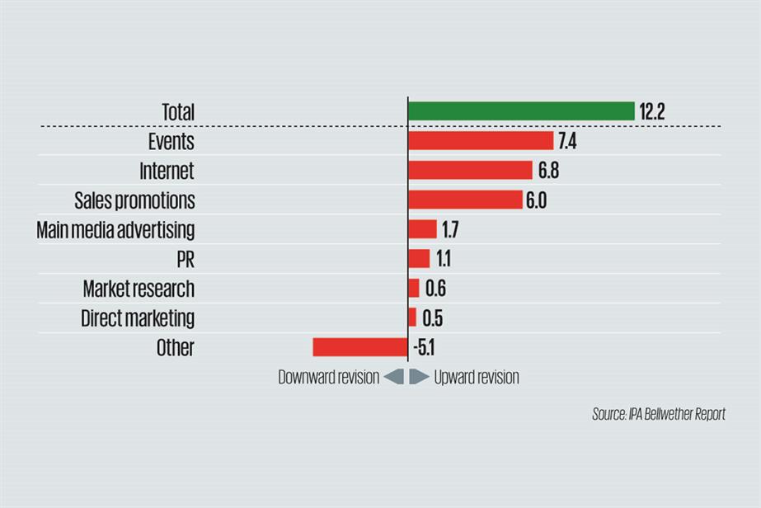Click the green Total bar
click(521, 111)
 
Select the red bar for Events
click(481, 141)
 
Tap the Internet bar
click(470, 171)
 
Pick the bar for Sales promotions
click(465, 200)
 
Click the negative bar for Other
click(359, 347)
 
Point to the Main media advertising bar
click(422, 229)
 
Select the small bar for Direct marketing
click(412, 317)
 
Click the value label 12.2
click(651, 112)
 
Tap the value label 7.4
click(566, 142)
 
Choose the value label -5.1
click(423, 348)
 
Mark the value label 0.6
click(434, 289)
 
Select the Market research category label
click(139, 289)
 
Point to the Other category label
click(175, 348)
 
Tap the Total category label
click(177, 112)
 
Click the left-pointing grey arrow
click(394, 377)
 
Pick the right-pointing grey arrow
click(419, 377)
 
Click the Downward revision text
click(328, 378)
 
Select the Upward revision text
click(477, 378)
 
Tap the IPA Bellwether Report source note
click(658, 414)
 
